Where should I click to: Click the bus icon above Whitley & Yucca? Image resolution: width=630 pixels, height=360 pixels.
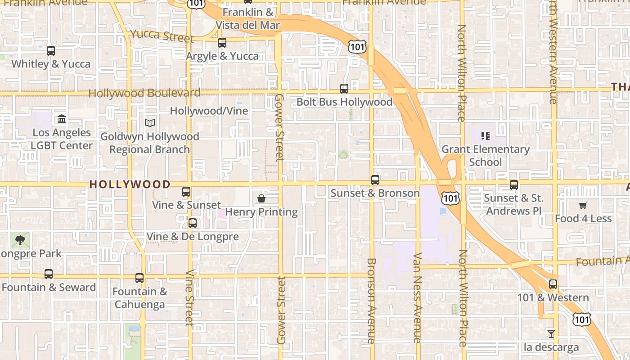pos(51,51)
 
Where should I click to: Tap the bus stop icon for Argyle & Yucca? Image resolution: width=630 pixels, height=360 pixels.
pos(222,43)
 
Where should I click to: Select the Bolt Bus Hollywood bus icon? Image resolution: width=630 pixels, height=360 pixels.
pos(344,89)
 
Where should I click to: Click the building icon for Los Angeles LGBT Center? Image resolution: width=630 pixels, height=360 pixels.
pos(62,119)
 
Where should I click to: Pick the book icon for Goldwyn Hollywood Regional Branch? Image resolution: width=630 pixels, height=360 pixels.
pos(150,122)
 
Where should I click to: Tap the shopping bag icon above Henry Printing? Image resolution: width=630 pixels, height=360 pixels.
pos(261,198)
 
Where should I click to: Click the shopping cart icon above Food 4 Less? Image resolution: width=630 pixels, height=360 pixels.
pos(583,206)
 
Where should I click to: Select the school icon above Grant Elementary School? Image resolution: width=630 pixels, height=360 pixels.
pos(486,135)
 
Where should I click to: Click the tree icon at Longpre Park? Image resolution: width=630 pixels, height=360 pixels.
pos(20,240)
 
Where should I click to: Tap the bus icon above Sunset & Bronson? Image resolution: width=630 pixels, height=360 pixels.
pos(375,180)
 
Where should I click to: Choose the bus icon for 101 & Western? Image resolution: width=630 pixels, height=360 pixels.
pos(553,284)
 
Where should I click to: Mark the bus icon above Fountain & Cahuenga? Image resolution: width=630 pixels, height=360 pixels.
pos(139,278)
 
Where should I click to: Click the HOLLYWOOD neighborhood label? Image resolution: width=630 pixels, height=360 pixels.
pos(130,184)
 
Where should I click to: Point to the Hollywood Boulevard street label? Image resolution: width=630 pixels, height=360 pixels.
pos(144,93)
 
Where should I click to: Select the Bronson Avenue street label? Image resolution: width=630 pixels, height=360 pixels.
pos(371,301)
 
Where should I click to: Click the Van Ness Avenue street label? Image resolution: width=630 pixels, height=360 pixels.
pos(417,298)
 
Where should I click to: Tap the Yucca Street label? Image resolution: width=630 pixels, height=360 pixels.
pos(162,36)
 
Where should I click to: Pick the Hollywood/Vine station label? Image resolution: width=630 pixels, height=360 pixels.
pos(209,111)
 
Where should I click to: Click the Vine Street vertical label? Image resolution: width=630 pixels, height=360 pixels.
pos(189,298)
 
